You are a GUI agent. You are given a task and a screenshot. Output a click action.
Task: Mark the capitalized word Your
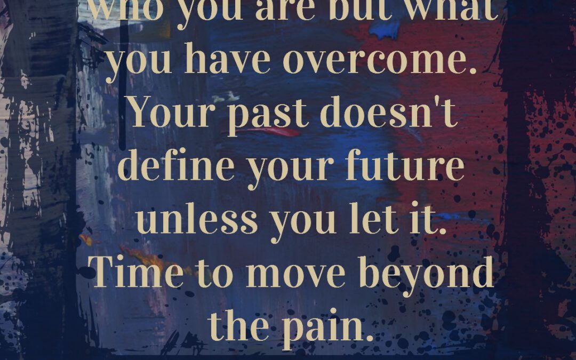click(169, 114)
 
